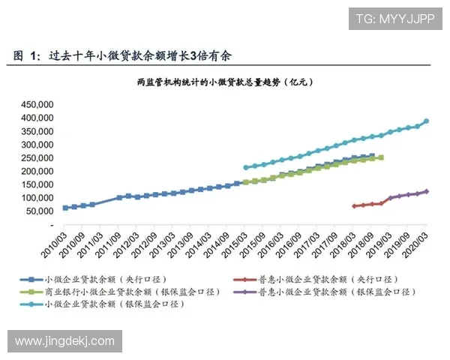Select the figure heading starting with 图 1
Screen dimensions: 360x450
tap(127, 55)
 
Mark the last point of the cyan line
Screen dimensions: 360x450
tap(426, 121)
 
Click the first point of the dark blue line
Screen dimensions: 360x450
tap(65, 208)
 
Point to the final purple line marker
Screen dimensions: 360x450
tap(426, 191)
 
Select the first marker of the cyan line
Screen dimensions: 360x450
tap(245, 168)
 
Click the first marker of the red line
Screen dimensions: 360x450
tap(354, 205)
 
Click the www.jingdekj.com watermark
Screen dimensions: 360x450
tap(65, 341)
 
